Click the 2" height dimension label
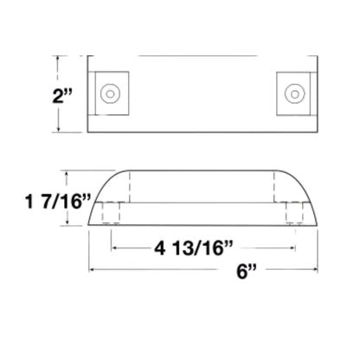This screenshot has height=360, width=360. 61,96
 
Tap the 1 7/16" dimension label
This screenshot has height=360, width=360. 58,201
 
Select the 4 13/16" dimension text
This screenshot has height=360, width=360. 193,247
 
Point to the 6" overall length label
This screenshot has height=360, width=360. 247,271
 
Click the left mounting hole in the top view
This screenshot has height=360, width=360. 110,93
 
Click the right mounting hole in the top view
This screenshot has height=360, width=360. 294,93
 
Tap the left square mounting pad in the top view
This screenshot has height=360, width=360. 112,93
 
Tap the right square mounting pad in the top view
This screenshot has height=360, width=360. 293,93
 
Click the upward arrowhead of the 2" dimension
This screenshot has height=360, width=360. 59,59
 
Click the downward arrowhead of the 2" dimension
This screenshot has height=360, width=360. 59,130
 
